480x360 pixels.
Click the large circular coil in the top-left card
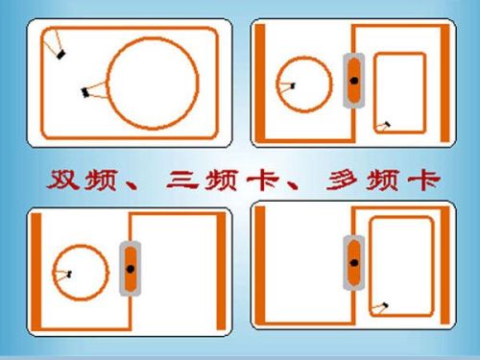(108, 84)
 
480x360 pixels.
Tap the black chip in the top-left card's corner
(60, 55)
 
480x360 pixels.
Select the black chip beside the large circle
(85, 93)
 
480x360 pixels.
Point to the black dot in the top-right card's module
(354, 81)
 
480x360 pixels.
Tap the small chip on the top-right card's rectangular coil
(388, 124)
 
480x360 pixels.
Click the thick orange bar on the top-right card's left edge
(260, 83)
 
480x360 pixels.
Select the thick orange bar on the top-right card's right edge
(445, 84)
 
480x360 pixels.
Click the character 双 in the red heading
(62, 180)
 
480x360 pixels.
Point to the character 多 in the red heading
(342, 180)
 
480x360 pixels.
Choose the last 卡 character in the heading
(424, 180)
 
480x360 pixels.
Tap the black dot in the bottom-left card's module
(131, 269)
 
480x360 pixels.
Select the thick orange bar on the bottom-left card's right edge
(221, 272)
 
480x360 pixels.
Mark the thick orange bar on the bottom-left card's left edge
(36, 272)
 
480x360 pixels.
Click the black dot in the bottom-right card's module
(354, 263)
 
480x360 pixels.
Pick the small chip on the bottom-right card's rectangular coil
(385, 305)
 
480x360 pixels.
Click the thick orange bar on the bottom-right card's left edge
(260, 265)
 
